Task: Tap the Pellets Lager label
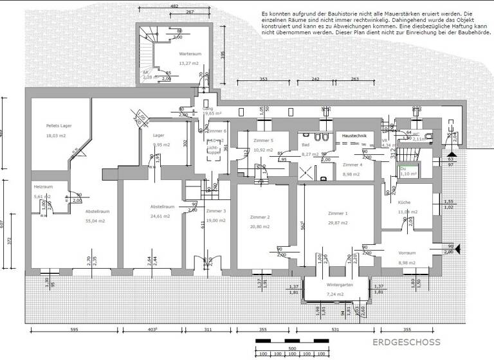[x=59, y=126]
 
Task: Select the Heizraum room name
[x=42, y=186]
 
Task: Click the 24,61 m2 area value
[x=161, y=216]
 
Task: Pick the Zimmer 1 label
[x=337, y=213]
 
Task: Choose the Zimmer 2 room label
[x=259, y=217]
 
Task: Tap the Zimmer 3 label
[x=216, y=211]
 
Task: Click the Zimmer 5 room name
[x=263, y=140]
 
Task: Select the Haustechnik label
[x=354, y=136]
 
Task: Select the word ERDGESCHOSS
[x=406, y=342]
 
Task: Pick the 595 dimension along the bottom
[x=74, y=330]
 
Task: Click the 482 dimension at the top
[x=173, y=6]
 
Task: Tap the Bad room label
[x=306, y=145]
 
